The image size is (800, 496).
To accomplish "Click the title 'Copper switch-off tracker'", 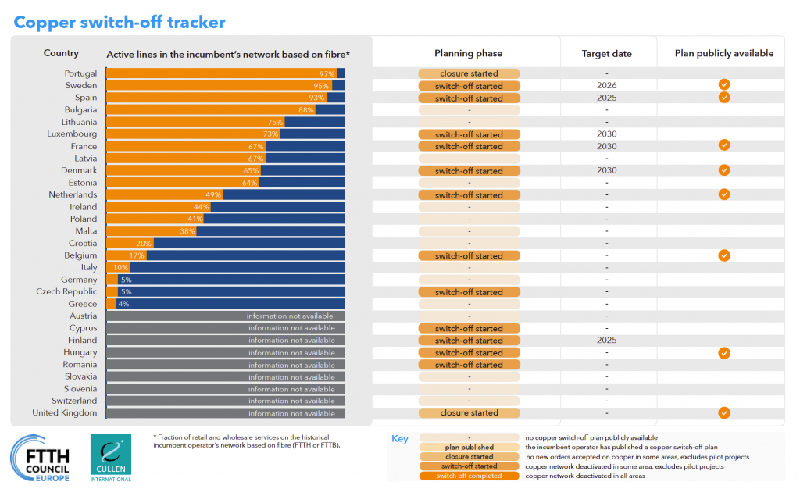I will [120, 22].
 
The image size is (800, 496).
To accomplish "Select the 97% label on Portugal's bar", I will [327, 73].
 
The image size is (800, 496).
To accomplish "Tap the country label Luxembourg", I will [72, 134].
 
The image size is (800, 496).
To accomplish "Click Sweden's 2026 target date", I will [606, 86].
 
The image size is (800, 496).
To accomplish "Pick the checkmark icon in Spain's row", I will [724, 98].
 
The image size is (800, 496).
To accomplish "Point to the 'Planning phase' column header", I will [468, 54].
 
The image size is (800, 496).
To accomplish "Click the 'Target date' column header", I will [606, 54].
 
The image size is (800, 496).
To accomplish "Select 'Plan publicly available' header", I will [724, 54].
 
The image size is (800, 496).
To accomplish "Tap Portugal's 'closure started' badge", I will [469, 73].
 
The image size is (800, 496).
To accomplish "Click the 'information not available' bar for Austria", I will [290, 316].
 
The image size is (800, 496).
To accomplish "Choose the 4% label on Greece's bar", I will [123, 304].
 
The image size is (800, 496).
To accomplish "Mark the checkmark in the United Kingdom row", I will [724, 413].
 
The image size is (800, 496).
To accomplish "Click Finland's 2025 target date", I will [606, 341].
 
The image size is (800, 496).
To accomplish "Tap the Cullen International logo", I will [110, 458].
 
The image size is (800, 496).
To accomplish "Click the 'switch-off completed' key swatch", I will [469, 476].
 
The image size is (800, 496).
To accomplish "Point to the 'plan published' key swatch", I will [469, 448].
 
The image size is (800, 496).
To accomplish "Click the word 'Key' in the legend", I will [400, 439].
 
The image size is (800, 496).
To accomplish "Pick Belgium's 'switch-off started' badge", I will [469, 256].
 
